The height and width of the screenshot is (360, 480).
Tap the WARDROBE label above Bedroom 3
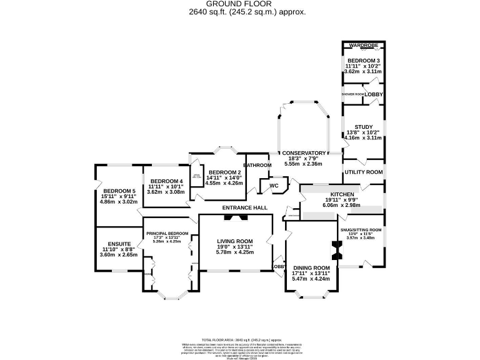click(x=364, y=46)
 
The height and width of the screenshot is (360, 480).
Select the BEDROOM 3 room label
click(x=363, y=60)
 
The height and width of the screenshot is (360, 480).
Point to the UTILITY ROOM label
click(x=363, y=172)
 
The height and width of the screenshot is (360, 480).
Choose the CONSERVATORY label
click(x=304, y=153)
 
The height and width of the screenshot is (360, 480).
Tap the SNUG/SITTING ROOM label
click(x=361, y=229)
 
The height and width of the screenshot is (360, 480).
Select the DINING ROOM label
click(x=311, y=267)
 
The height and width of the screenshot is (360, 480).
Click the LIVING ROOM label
click(x=235, y=241)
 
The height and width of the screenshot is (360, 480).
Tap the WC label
click(x=274, y=186)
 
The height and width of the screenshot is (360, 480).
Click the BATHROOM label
click(x=257, y=165)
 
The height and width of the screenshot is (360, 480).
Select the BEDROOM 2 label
click(x=225, y=172)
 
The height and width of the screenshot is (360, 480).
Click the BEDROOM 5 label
click(x=119, y=191)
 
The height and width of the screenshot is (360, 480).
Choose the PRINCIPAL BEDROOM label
click(x=167, y=234)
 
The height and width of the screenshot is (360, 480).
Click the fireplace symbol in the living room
click(x=236, y=218)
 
